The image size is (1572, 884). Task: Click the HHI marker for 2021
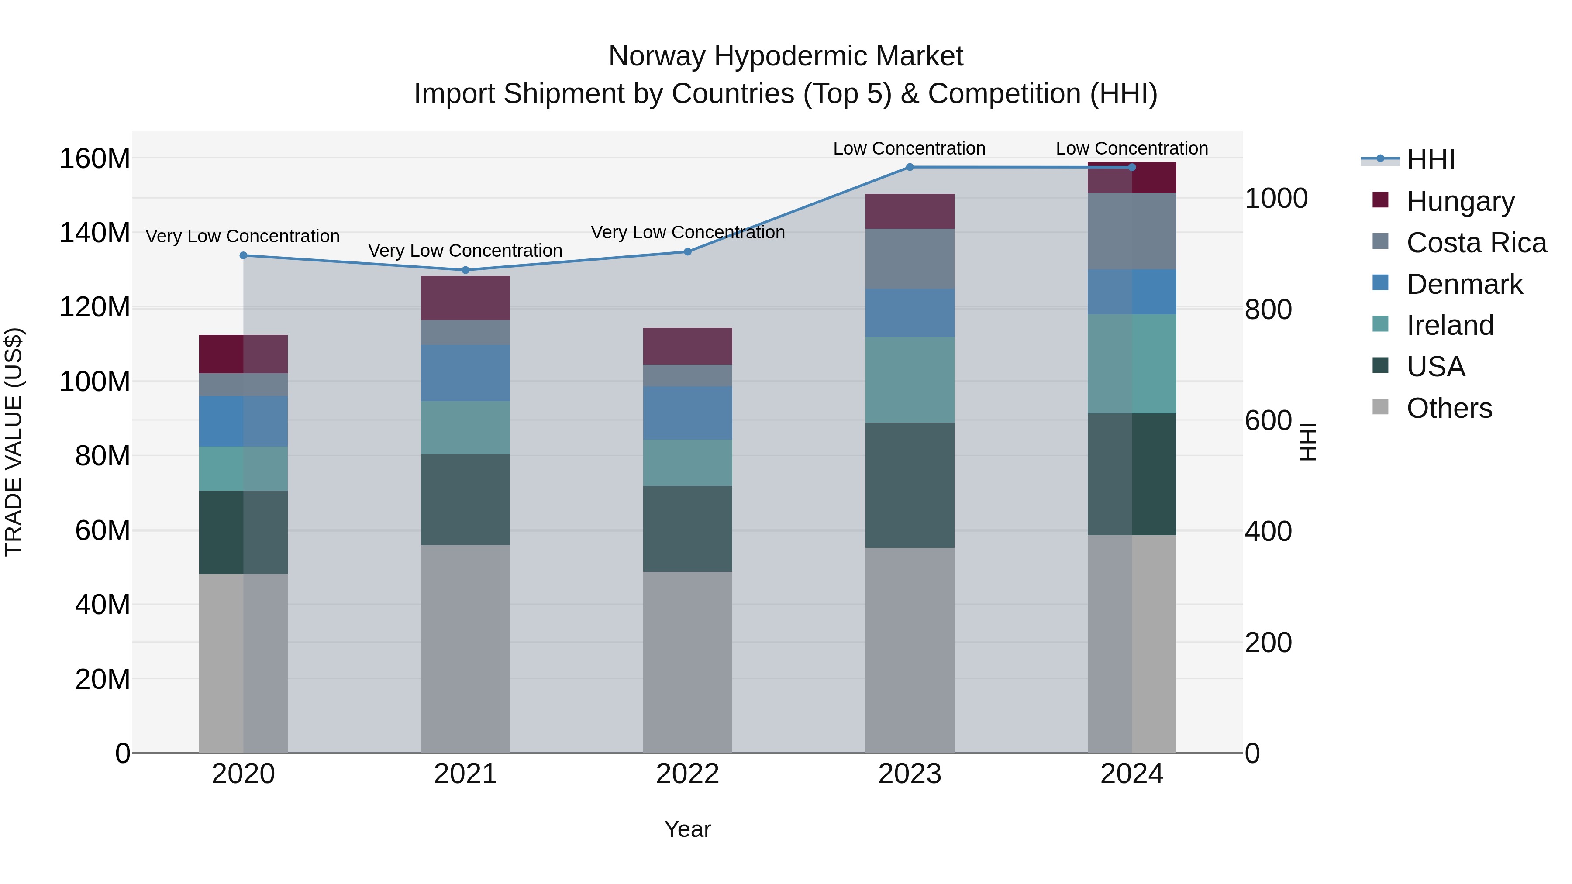click(465, 270)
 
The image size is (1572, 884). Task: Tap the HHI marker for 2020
click(244, 256)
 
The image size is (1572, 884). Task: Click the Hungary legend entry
click(1460, 201)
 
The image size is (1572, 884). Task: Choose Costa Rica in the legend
click(1475, 243)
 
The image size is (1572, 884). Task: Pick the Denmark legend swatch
click(1380, 283)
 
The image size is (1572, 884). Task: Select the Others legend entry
click(1449, 408)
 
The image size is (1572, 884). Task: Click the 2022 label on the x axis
click(687, 774)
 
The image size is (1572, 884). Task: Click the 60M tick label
click(103, 531)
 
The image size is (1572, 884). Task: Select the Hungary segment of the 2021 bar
click(465, 298)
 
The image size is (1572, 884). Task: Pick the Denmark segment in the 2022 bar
click(687, 413)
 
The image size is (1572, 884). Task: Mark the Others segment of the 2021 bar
click(465, 649)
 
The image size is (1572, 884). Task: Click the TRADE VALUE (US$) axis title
click(14, 442)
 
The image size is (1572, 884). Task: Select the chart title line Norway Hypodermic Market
click(786, 56)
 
